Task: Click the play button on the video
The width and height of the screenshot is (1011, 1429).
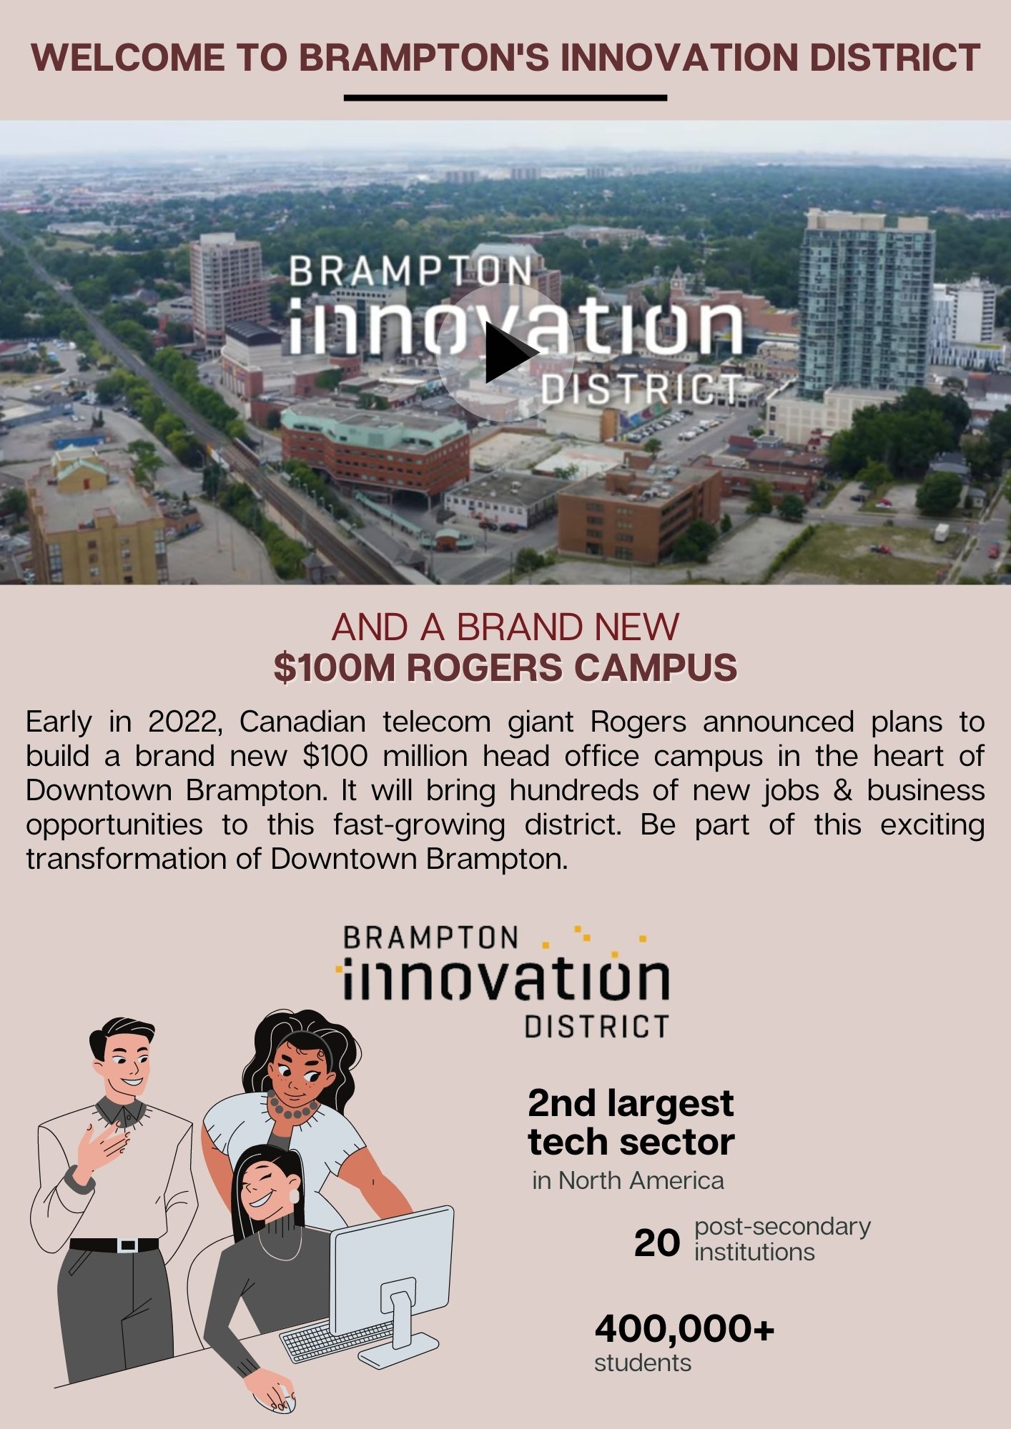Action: tap(505, 352)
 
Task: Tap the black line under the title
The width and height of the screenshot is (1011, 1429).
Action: tap(505, 98)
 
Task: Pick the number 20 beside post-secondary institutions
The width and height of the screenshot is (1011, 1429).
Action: tap(657, 1243)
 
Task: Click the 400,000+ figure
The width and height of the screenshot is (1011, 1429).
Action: tap(684, 1329)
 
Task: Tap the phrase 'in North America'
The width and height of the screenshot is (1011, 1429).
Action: tap(628, 1180)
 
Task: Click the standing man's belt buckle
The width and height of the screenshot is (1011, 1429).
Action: tap(128, 1245)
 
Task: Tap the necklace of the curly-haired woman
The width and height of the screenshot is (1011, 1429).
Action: tap(293, 1107)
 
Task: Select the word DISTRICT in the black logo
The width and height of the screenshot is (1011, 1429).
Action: tap(597, 1027)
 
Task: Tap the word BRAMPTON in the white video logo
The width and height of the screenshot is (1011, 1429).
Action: tap(411, 272)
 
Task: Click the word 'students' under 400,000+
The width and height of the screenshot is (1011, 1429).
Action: tap(643, 1363)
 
